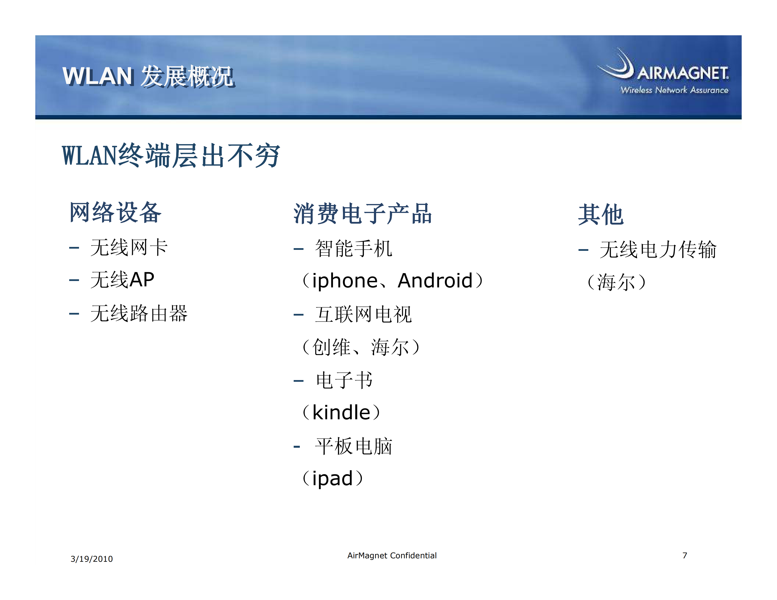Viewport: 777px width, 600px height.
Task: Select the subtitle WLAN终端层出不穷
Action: [171, 156]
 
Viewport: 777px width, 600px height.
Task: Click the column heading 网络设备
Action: [115, 212]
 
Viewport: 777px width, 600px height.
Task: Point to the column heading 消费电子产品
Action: [363, 214]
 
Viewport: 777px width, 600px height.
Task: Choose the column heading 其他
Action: [601, 215]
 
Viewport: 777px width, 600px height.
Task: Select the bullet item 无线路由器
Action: [139, 313]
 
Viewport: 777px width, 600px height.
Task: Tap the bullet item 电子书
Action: [344, 380]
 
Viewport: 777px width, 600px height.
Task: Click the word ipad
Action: [332, 478]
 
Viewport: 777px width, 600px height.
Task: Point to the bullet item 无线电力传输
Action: [658, 249]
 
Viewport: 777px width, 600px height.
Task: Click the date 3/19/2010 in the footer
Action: [92, 559]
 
